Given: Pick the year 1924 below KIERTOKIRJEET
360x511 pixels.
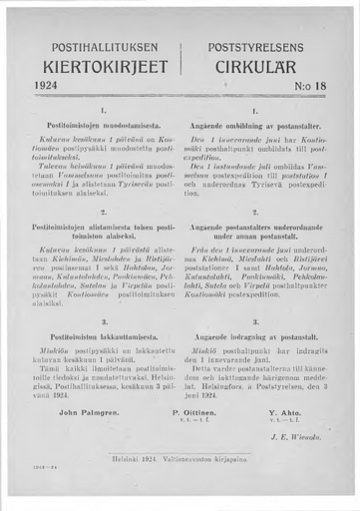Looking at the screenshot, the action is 48,87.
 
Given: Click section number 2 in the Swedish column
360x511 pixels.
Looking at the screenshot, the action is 255,213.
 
